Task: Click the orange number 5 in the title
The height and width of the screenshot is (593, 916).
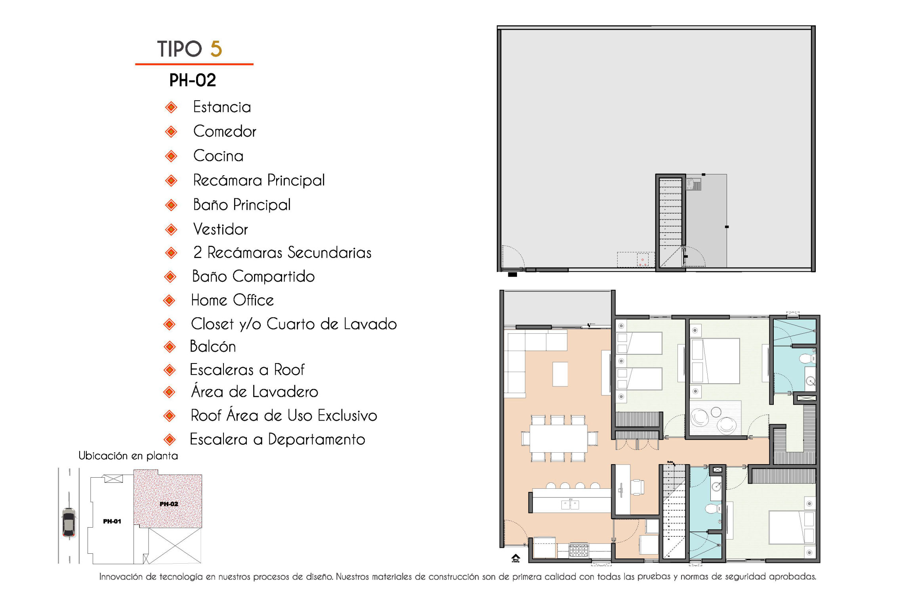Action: [x=216, y=49]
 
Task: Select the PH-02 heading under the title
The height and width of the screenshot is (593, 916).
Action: [x=193, y=80]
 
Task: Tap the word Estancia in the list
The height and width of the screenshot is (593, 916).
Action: [x=222, y=107]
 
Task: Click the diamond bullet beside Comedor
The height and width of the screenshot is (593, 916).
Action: [x=171, y=132]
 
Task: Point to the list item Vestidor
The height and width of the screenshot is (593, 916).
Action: [x=220, y=229]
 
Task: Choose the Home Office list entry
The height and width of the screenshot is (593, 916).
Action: [x=232, y=300]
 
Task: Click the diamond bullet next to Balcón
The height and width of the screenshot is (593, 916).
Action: [x=170, y=347]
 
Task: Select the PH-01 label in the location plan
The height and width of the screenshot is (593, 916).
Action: [x=112, y=521]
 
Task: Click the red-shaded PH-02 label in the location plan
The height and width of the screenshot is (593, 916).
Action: [x=169, y=504]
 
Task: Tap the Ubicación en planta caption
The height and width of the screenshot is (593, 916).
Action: [x=128, y=456]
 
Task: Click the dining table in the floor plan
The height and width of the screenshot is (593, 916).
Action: [x=559, y=438]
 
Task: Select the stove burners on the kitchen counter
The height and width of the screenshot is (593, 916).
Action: [x=578, y=550]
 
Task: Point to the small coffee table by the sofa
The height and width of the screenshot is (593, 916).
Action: [x=560, y=374]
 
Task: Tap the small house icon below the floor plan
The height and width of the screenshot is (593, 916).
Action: [x=515, y=558]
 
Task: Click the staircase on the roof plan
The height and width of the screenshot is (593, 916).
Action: [x=670, y=222]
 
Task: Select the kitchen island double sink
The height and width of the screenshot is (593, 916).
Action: [x=570, y=504]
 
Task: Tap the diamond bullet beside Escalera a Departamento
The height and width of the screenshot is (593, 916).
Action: [x=170, y=439]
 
